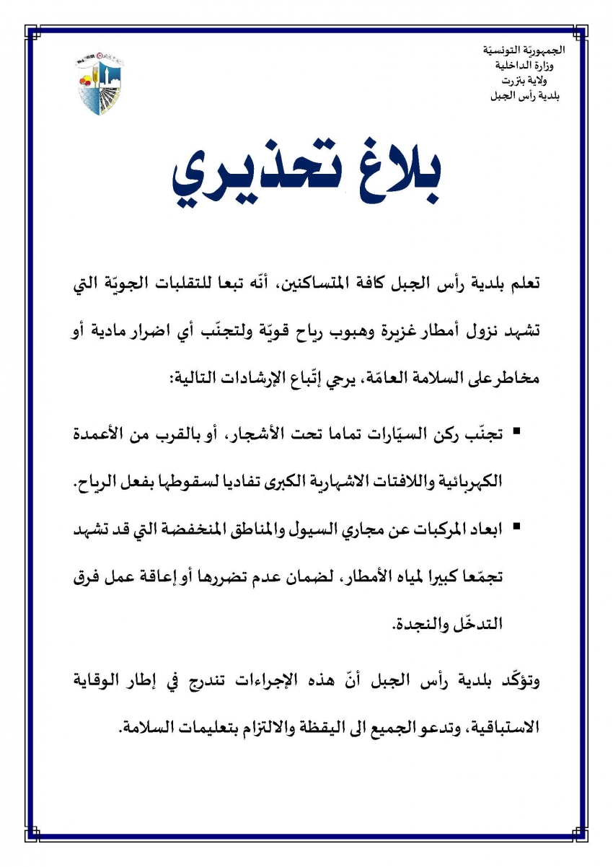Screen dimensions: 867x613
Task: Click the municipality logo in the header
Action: point(99,84)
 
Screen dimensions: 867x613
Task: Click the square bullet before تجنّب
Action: point(516,432)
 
